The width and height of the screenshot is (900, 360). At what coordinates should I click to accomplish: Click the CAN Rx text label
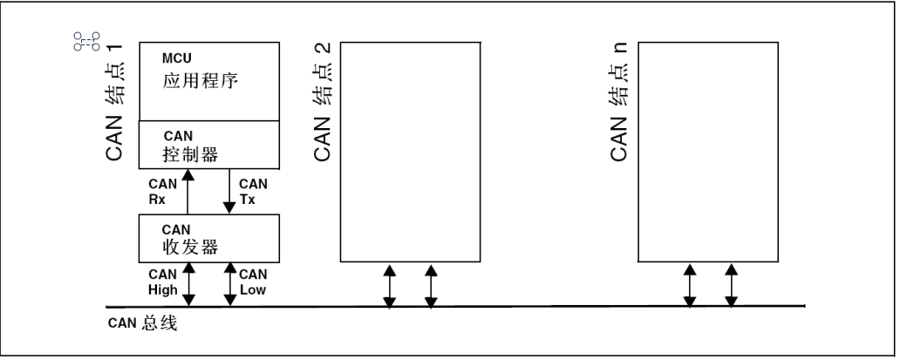coord(164,190)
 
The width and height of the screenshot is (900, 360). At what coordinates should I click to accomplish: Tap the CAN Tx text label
coord(253,190)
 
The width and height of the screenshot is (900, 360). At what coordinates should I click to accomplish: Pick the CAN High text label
coord(163,281)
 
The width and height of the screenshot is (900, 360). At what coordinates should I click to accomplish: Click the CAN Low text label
coord(253,281)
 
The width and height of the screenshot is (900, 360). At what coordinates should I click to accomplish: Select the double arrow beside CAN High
coord(188,283)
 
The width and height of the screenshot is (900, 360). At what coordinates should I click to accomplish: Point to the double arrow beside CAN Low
coord(230,283)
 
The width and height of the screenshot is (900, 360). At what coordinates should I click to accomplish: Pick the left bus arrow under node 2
coord(389,284)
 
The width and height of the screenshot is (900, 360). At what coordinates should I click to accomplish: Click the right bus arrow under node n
coord(731,284)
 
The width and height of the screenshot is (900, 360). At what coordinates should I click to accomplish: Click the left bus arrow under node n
coord(689,284)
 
